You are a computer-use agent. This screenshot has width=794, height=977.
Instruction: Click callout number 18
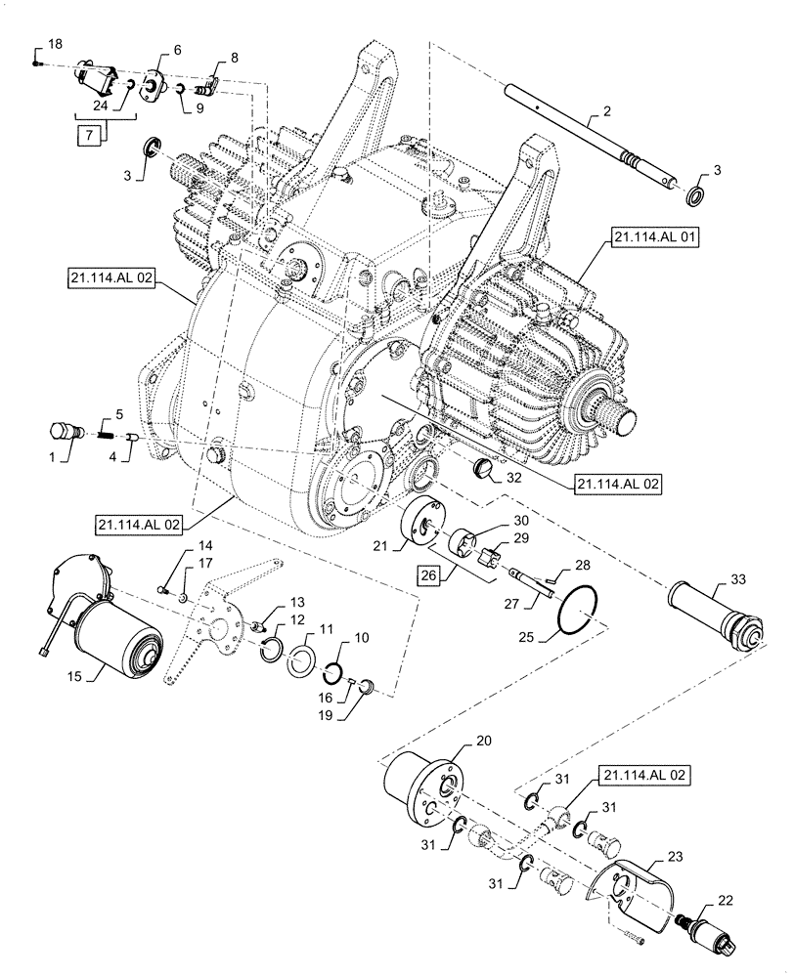54,45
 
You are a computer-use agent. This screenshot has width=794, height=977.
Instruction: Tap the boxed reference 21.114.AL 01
652,237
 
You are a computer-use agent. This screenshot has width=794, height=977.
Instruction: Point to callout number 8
234,58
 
